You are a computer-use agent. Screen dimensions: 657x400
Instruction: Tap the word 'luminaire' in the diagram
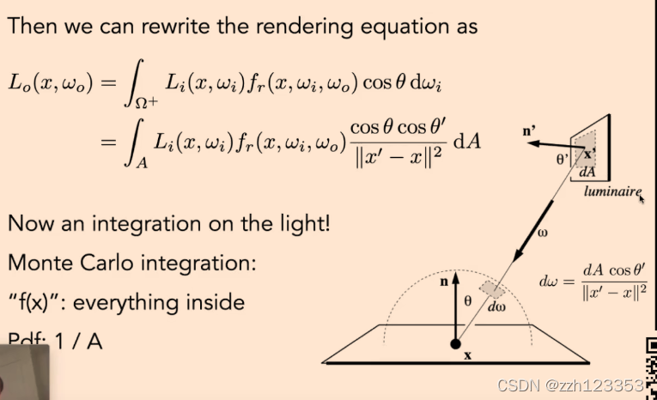tap(611, 193)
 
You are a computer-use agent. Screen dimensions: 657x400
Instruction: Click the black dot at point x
tap(455, 344)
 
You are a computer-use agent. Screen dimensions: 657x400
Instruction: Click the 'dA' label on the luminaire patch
tap(587, 171)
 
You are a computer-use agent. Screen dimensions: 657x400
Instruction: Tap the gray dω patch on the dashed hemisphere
tap(490, 290)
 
